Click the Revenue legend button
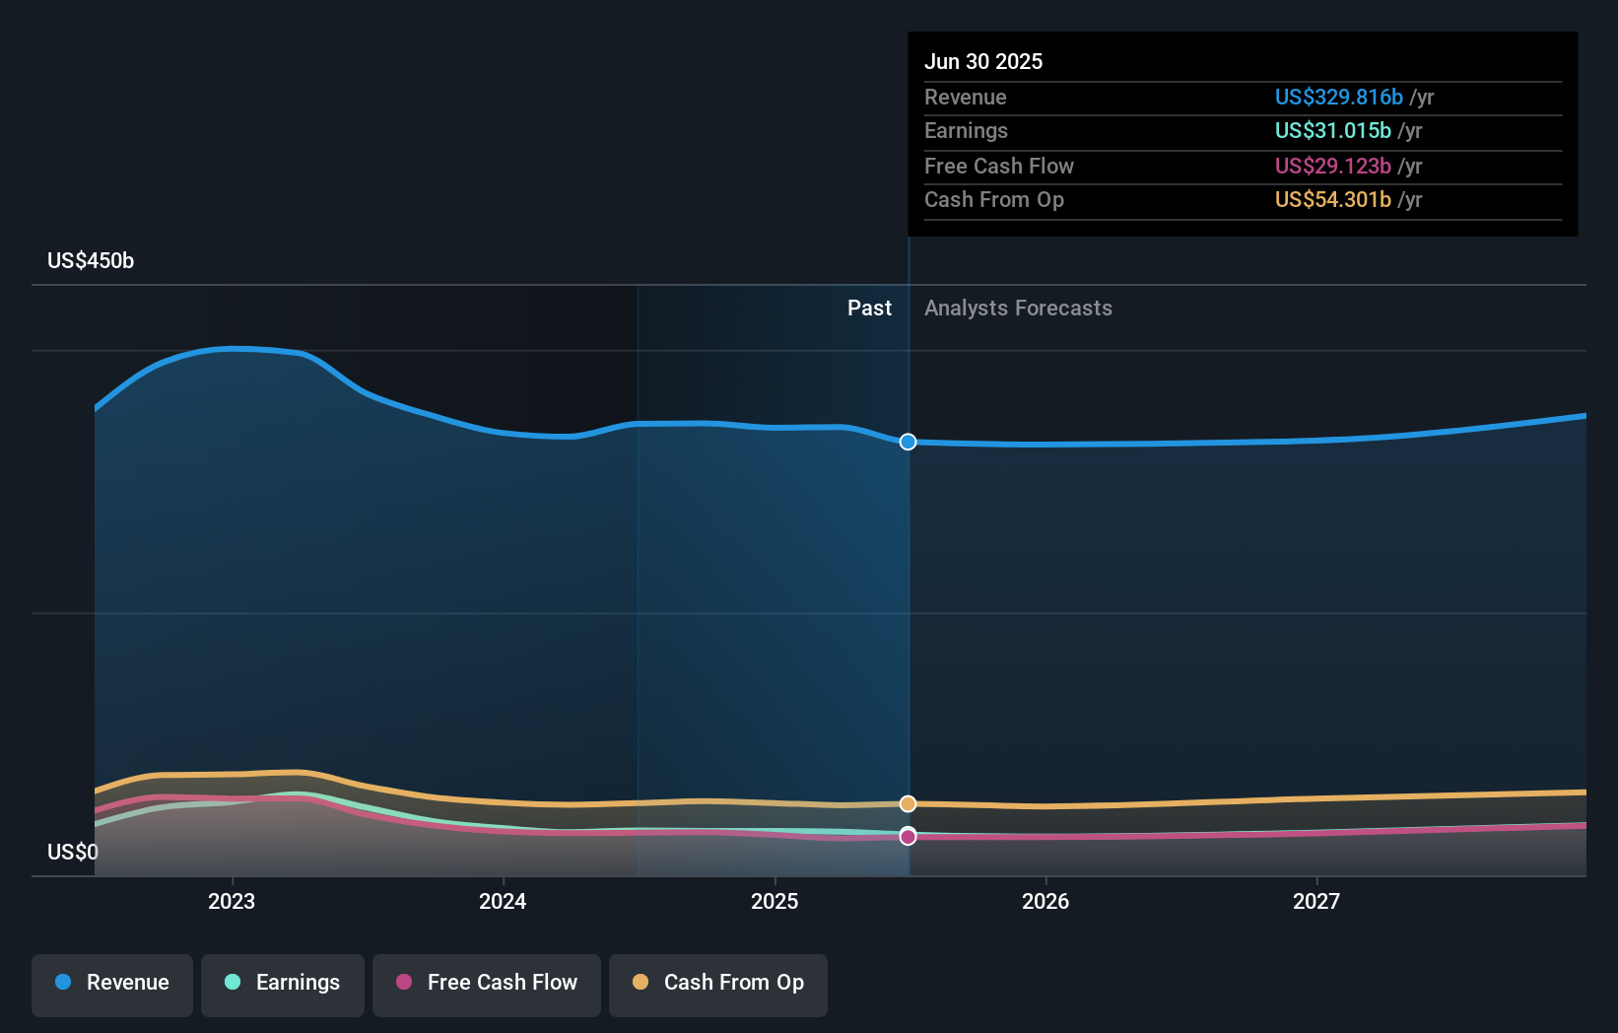coord(112,983)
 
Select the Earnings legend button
coord(283,983)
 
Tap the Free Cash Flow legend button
coord(487,983)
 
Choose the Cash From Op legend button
coord(718,983)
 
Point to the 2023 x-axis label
coord(232,901)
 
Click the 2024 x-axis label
coord(503,901)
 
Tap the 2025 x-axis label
coord(775,901)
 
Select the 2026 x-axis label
coord(1045,901)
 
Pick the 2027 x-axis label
coord(1316,901)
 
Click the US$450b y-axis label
coord(91,261)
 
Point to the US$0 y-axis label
coord(73,852)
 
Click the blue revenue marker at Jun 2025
coord(908,442)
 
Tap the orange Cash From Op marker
coord(908,804)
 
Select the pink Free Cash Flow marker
coord(908,836)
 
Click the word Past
coord(869,309)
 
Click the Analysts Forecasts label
coord(1018,309)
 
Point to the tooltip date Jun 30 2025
coord(982,62)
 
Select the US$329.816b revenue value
coord(1338,98)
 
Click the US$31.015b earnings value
coord(1332,131)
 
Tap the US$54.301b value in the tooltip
coord(1332,200)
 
